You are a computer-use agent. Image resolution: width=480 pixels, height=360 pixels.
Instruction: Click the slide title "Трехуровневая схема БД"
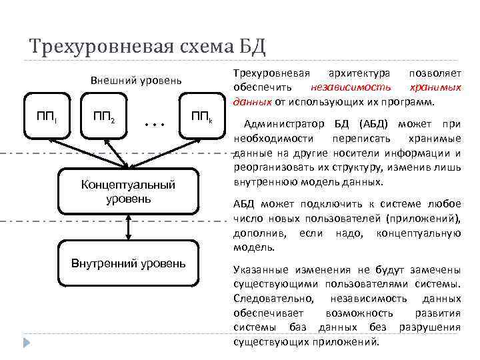pyautogui.click(x=147, y=47)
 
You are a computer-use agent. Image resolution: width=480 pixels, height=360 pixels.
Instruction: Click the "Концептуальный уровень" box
pyautogui.click(x=127, y=191)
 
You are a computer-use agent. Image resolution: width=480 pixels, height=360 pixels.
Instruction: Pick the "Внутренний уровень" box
pyautogui.click(x=129, y=263)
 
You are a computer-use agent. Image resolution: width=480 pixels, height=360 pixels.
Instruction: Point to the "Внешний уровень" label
pyautogui.click(x=135, y=81)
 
